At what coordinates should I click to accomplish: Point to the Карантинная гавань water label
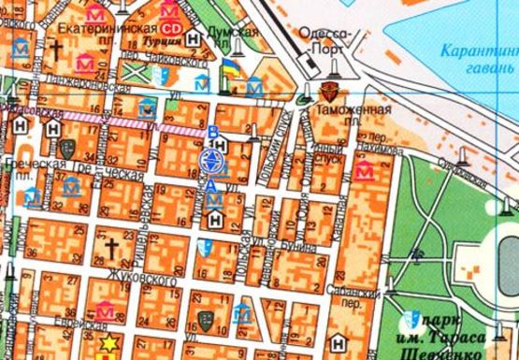click(479, 58)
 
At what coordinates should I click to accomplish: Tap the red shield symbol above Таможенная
click(328, 92)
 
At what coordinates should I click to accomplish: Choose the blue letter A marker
click(213, 185)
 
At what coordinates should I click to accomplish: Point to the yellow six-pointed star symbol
click(109, 342)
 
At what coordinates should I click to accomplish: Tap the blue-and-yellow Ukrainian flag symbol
click(229, 69)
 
